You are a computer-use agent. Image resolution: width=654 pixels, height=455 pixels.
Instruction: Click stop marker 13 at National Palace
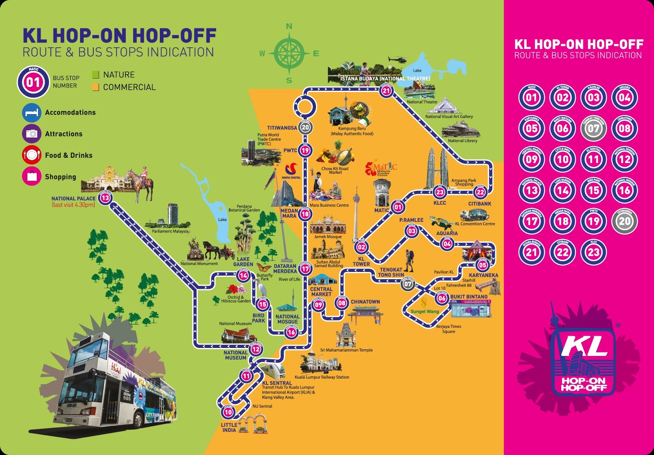pyautogui.click(x=105, y=198)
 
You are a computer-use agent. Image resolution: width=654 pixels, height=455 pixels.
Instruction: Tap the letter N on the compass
pyautogui.click(x=289, y=27)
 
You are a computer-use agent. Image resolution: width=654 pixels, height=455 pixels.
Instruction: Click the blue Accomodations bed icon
pyautogui.click(x=31, y=112)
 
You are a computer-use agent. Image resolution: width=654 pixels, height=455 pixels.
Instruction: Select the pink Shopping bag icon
pyautogui.click(x=31, y=177)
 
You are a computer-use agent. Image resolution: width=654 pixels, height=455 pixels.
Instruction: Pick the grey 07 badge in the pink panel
pyautogui.click(x=594, y=128)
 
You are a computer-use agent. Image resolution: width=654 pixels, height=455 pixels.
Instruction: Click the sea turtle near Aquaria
pyautogui.click(x=440, y=222)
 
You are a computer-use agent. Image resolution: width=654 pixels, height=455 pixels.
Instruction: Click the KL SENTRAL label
pyautogui.click(x=277, y=383)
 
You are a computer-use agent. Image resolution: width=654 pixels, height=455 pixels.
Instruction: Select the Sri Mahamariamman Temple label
pyautogui.click(x=346, y=350)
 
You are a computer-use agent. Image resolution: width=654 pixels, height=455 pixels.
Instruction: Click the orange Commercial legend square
pyautogui.click(x=96, y=87)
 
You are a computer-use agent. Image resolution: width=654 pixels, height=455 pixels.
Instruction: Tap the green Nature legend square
pyautogui.click(x=96, y=74)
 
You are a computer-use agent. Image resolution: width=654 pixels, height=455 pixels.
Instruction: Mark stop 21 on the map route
pyautogui.click(x=386, y=91)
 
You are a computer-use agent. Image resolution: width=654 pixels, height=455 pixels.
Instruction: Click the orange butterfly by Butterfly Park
pyautogui.click(x=264, y=268)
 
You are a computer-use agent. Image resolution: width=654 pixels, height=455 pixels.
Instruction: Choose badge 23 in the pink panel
pyautogui.click(x=594, y=252)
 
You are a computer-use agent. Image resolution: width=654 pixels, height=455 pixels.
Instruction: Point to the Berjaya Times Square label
pyautogui.click(x=448, y=329)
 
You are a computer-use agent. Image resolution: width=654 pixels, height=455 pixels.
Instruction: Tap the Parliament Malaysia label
pyautogui.click(x=170, y=231)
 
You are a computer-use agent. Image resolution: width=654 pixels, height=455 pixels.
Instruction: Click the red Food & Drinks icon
pyautogui.click(x=31, y=155)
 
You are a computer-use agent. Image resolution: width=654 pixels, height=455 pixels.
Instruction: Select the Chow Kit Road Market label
pyautogui.click(x=335, y=170)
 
